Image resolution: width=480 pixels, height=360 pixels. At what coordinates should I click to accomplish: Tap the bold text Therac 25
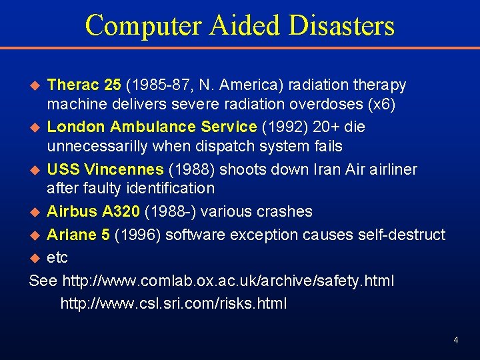tap(84, 85)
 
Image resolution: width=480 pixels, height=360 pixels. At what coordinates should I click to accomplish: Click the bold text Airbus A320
tap(93, 211)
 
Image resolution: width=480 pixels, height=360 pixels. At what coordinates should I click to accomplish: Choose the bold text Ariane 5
tap(81, 235)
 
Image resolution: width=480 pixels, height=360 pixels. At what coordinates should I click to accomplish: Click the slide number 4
tap(455, 340)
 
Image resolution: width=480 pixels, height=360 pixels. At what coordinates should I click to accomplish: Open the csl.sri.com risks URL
tap(173, 304)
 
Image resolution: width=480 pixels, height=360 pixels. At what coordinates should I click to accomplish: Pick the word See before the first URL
tap(43, 281)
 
